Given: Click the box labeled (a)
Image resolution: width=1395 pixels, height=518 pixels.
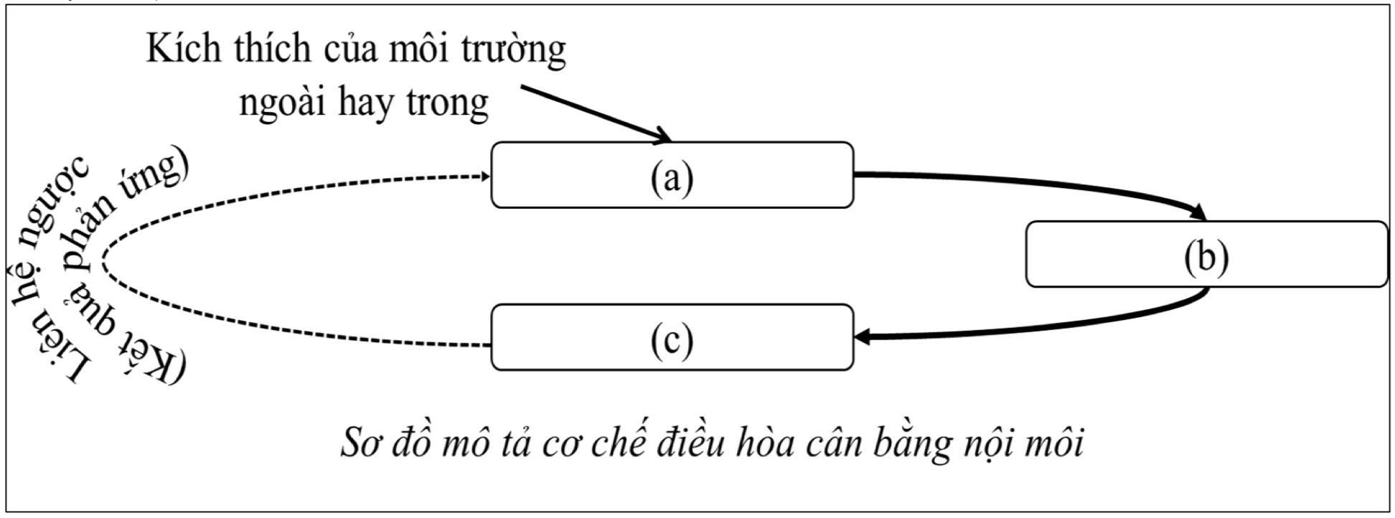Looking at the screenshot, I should pos(672,175).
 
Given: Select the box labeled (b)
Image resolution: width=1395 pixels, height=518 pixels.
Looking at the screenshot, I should pos(1206,255).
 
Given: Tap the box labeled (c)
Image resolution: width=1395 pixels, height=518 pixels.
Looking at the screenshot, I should pos(672,337).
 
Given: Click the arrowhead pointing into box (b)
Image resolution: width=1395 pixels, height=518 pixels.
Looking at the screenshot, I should pos(1198,213).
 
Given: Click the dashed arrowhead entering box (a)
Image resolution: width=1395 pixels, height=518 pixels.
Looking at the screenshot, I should pos(482,176).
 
